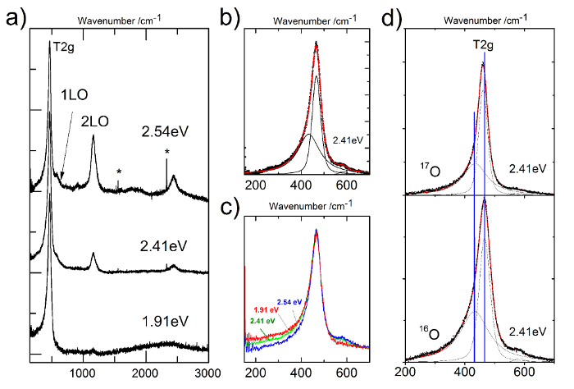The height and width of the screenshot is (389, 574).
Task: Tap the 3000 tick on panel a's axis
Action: [209, 372]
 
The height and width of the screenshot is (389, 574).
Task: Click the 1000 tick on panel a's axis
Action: [82, 372]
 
